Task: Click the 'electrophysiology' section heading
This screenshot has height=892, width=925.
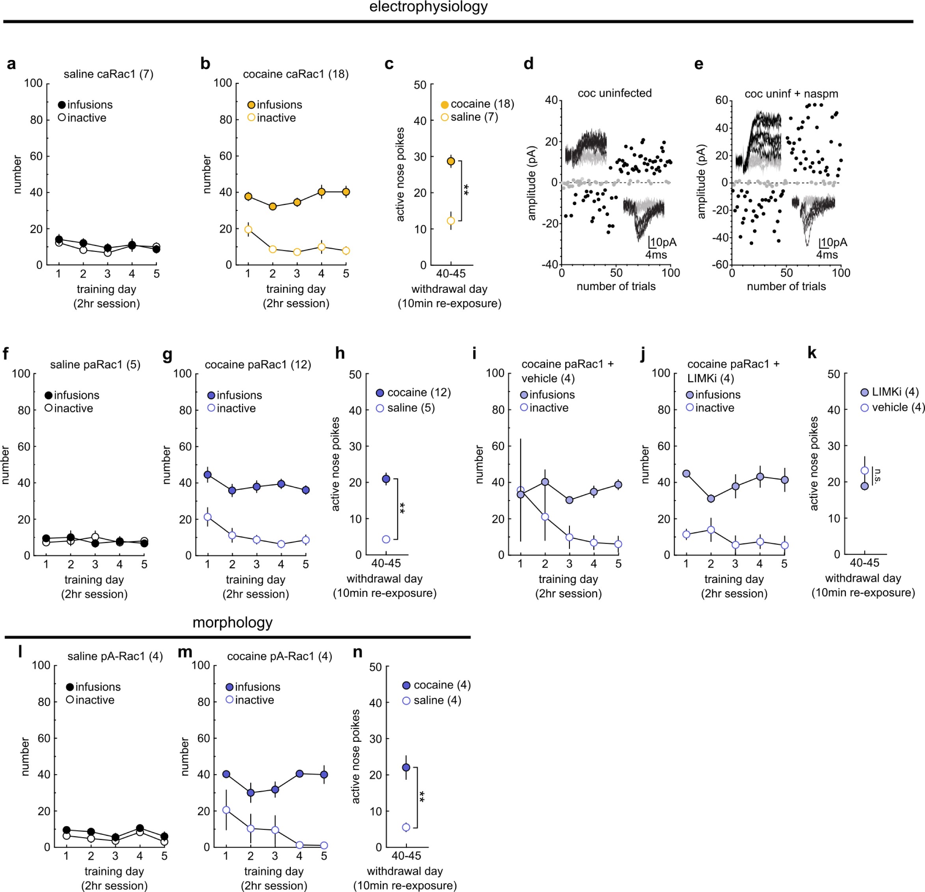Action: click(x=428, y=7)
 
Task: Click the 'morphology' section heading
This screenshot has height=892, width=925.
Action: click(x=232, y=622)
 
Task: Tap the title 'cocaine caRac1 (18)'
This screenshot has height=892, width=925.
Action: click(x=296, y=74)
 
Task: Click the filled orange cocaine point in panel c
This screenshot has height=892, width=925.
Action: click(x=451, y=161)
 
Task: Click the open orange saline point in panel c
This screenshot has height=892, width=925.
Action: click(x=451, y=221)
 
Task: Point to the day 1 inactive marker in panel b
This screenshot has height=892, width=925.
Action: click(x=248, y=230)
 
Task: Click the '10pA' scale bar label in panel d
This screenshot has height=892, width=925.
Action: click(x=663, y=242)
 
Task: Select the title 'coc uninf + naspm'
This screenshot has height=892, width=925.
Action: click(x=791, y=93)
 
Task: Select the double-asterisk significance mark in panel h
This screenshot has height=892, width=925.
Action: click(x=402, y=508)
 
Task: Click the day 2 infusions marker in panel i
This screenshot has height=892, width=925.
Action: click(x=545, y=482)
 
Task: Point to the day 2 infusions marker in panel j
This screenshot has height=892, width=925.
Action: click(x=711, y=498)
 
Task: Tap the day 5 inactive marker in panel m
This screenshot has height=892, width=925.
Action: click(x=324, y=845)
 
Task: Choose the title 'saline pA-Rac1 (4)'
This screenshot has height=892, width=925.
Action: click(x=115, y=657)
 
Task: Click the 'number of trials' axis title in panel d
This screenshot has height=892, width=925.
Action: click(x=616, y=287)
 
